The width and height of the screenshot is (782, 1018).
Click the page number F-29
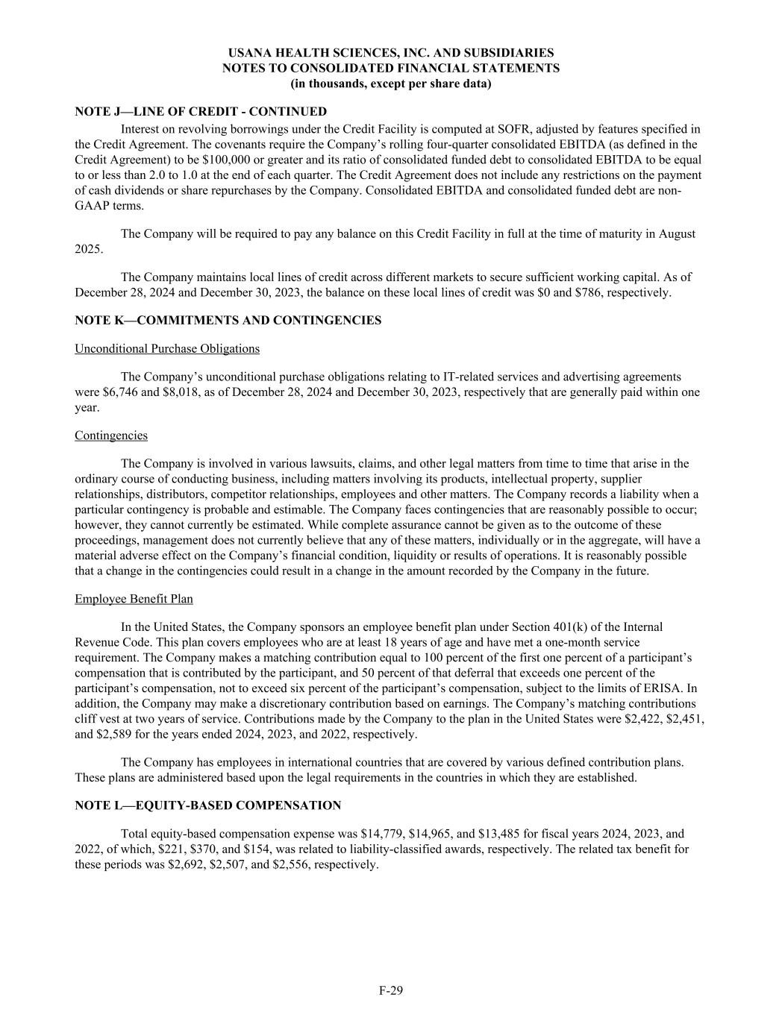coord(390,990)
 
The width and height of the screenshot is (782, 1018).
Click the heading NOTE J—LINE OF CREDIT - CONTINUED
coord(201,112)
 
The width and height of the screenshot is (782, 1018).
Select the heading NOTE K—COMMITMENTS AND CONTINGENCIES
coord(228,321)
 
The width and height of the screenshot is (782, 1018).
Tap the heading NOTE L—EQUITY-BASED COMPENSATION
coord(208,805)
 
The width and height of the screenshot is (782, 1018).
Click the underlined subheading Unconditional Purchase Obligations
coord(167,349)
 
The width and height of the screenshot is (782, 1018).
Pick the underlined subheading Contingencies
coord(111,436)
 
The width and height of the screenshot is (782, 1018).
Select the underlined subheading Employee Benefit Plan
coord(134,600)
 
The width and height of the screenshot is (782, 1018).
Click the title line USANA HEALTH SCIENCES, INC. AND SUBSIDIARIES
coord(390,53)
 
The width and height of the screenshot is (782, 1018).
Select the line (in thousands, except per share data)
coord(390,84)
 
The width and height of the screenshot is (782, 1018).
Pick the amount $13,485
coord(511,834)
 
